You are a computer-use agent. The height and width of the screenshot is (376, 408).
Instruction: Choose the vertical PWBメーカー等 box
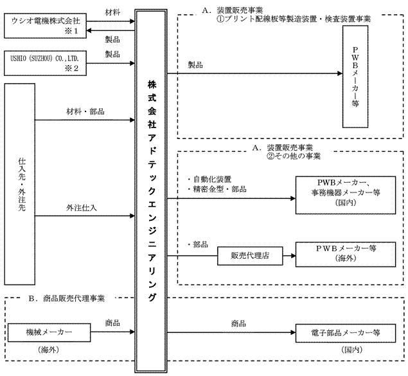click(x=356, y=77)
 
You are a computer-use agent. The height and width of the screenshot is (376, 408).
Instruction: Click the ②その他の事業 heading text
click(x=294, y=156)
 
